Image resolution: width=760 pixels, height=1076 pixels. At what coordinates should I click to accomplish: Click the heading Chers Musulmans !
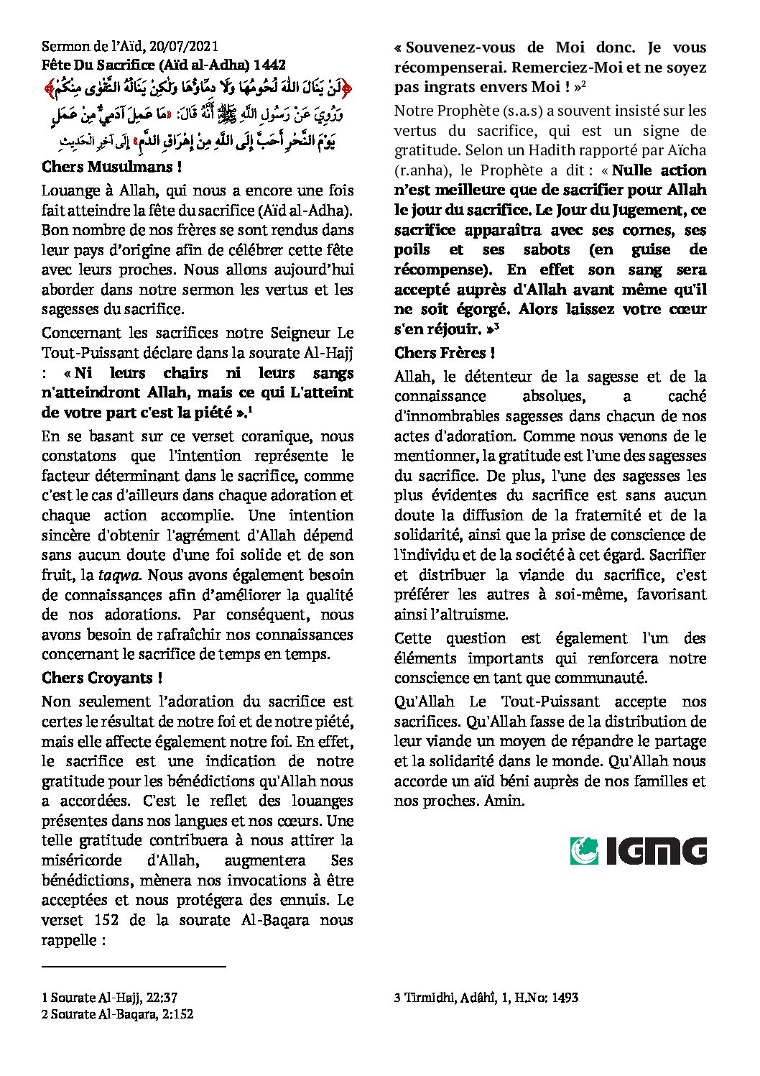[x=111, y=167]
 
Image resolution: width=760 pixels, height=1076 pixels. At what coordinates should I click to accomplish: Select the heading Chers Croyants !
[x=102, y=678]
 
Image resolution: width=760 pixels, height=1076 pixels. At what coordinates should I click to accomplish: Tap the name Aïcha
[x=686, y=150]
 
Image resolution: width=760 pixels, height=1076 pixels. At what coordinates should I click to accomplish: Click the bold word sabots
[x=539, y=250]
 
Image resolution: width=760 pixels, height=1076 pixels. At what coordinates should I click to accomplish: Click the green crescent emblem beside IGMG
[x=585, y=851]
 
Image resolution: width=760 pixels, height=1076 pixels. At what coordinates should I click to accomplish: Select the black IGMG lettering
[x=655, y=852]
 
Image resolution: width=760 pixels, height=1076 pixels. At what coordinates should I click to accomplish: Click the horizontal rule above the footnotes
[x=134, y=967]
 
